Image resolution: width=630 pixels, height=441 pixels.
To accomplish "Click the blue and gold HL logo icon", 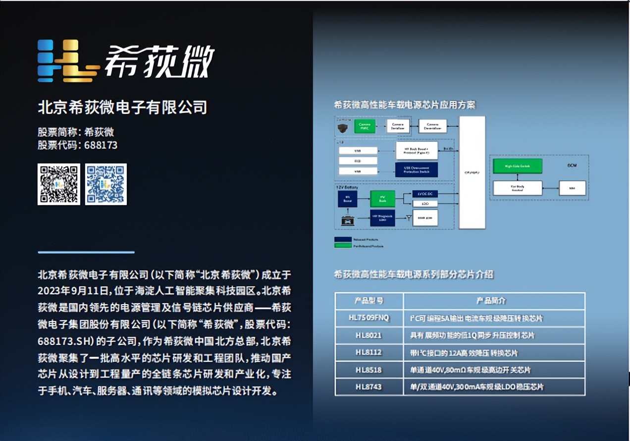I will point(66,61).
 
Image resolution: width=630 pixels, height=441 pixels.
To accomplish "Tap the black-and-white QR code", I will point(59,184).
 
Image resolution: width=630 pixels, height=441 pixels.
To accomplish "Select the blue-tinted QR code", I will point(106,184).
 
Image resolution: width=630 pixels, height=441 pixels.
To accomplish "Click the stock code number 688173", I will point(101,145).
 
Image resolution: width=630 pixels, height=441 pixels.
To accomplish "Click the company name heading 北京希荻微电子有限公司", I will point(122,107).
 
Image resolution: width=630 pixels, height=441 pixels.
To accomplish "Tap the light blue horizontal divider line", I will point(86,252).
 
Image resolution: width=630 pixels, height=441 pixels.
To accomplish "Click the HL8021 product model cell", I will point(369,335).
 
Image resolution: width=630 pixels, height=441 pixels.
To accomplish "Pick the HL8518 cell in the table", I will point(369,370).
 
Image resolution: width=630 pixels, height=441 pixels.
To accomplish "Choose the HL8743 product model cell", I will point(369,386).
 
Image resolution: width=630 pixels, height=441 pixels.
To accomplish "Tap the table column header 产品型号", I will point(369,301).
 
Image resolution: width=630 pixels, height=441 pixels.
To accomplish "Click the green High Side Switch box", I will point(517,166).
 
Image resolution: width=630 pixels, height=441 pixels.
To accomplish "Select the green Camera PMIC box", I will point(364,126).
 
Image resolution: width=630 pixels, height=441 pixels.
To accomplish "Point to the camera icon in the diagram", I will point(343,128).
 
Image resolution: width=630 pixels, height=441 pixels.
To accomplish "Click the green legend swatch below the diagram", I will point(343,245).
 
